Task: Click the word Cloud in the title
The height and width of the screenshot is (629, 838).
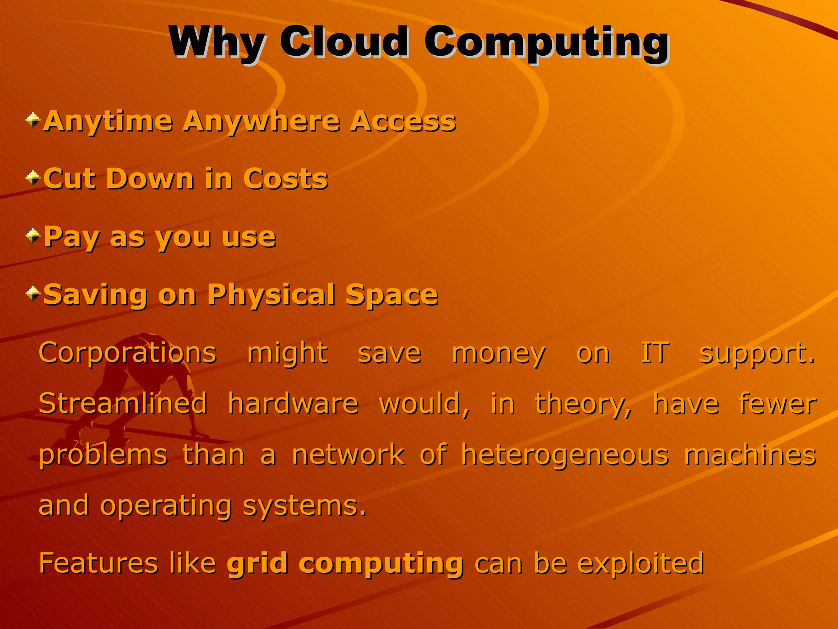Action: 344,42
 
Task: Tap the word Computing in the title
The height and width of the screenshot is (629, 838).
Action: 546,42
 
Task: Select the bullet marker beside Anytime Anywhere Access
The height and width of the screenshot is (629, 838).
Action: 33,120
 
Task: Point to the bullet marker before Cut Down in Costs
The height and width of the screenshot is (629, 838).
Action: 33,178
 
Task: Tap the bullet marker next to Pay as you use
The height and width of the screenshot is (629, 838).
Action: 33,235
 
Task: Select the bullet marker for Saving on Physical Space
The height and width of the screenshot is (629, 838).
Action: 33,293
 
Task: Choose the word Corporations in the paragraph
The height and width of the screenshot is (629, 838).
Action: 127,353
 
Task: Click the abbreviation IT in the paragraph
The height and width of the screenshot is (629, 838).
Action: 655,353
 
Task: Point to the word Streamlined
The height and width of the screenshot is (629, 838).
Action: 123,404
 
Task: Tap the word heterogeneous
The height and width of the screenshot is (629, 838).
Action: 565,455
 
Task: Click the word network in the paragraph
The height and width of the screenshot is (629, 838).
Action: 348,455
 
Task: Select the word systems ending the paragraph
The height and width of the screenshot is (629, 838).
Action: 304,506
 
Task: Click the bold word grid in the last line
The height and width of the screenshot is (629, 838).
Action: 258,563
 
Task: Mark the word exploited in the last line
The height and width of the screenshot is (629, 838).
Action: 641,563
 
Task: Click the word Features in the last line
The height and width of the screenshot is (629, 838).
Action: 98,563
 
